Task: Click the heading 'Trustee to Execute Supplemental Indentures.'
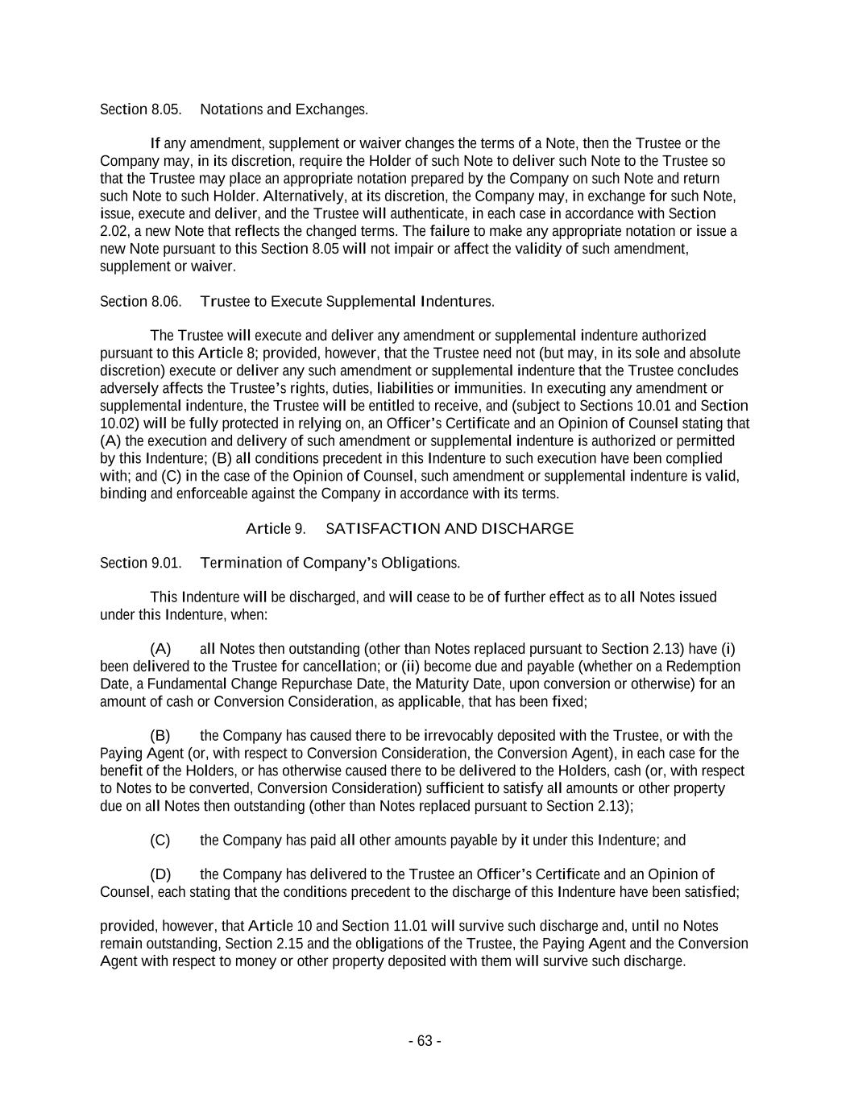pos(346,301)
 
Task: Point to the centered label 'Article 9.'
pos(275,529)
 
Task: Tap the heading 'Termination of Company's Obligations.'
pos(330,563)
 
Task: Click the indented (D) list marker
pos(160,874)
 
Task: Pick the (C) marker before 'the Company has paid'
pos(160,841)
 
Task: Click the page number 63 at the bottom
pos(425,1041)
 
